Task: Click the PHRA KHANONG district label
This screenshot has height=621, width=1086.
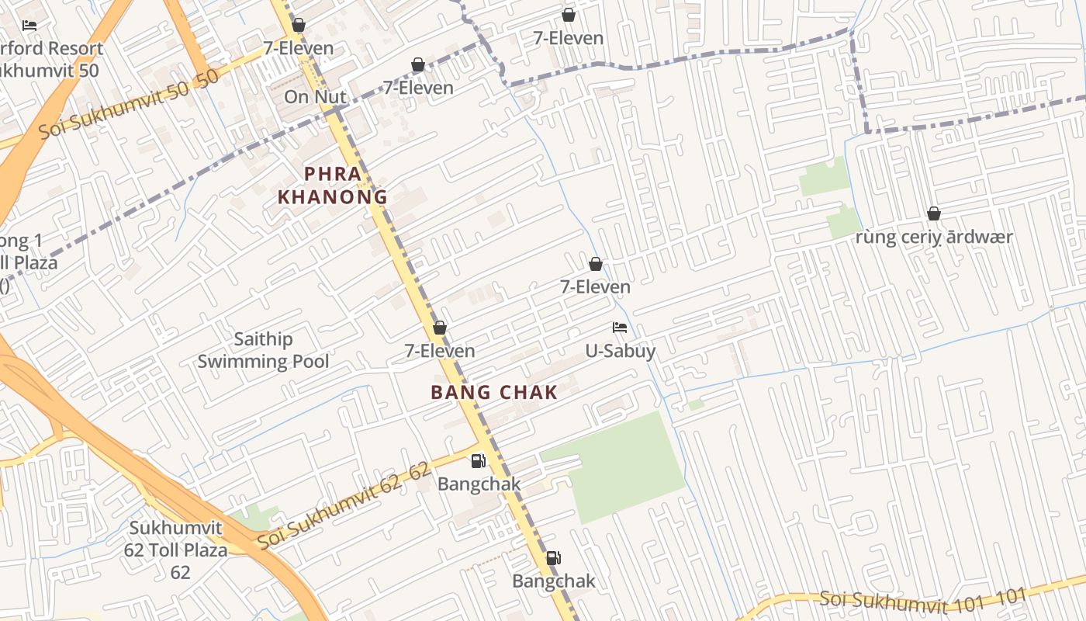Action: tap(333, 186)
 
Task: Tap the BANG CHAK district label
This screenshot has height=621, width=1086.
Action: tap(494, 393)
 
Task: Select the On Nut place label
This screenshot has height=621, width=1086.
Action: tap(315, 97)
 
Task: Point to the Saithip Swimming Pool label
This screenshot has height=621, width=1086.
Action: tap(263, 350)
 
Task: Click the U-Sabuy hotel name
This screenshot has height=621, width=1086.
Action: tap(620, 351)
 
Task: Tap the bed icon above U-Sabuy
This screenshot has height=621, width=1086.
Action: tap(619, 328)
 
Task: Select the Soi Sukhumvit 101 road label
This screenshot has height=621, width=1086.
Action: tap(923, 598)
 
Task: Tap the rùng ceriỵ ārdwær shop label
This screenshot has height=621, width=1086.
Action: tap(933, 237)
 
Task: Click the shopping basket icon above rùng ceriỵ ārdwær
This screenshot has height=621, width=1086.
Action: tap(933, 213)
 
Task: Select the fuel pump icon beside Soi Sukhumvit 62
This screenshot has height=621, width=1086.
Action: tap(479, 461)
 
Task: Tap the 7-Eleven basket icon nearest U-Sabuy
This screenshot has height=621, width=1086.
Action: tap(596, 264)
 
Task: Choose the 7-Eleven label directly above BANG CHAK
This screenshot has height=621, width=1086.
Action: tap(440, 351)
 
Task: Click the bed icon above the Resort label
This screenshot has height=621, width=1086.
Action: tap(29, 26)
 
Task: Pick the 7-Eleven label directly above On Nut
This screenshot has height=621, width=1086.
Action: tap(299, 48)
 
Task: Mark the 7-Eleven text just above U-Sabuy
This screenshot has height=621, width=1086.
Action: tap(596, 287)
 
